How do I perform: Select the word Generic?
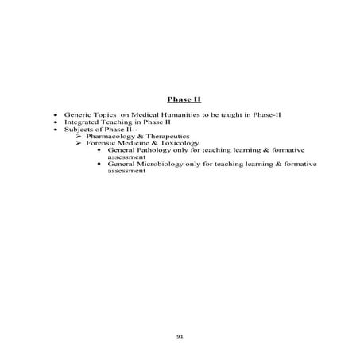point(78,116)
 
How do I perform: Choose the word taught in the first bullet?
point(228,116)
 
